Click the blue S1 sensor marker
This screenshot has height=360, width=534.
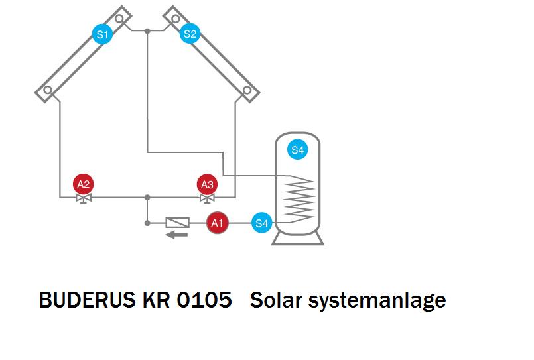[102, 35]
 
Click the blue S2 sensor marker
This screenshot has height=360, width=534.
[190, 35]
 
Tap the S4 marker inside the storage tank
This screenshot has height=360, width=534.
[297, 150]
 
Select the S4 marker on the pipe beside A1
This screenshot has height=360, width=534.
[262, 223]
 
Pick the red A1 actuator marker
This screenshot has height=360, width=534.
[216, 223]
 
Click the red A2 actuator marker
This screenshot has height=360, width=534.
[84, 184]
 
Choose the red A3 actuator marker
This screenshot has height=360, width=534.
[207, 184]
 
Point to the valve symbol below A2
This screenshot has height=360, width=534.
[84, 198]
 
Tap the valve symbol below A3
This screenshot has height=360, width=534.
[207, 198]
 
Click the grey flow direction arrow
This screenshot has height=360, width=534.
[176, 234]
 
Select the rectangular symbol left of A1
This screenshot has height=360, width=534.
[177, 223]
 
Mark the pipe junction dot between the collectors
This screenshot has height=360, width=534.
[147, 30]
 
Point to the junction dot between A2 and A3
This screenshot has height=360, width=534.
[147, 197]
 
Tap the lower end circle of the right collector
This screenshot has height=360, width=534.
[247, 90]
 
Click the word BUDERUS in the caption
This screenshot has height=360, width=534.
[87, 300]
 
